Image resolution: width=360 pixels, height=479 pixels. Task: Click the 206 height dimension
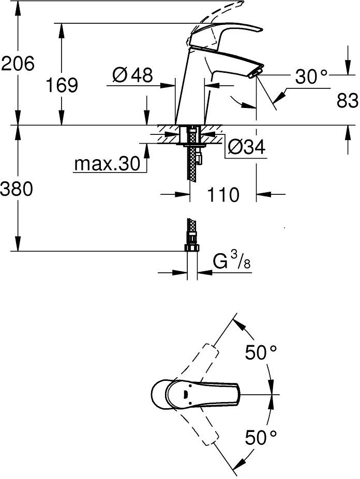(x=18, y=64)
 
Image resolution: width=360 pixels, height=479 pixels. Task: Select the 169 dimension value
(x=62, y=85)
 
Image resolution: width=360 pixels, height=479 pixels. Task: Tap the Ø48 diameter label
(x=132, y=75)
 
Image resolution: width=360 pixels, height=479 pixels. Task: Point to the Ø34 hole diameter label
(x=247, y=147)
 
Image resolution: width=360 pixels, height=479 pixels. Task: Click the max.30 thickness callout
(x=107, y=164)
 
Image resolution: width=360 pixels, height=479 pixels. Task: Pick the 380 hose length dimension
(x=16, y=189)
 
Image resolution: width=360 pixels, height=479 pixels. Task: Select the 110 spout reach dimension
(x=223, y=195)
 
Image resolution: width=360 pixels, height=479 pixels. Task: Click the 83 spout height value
(x=347, y=100)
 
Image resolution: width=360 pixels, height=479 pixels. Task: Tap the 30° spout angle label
(x=311, y=76)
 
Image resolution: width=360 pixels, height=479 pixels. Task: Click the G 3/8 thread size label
(x=232, y=262)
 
